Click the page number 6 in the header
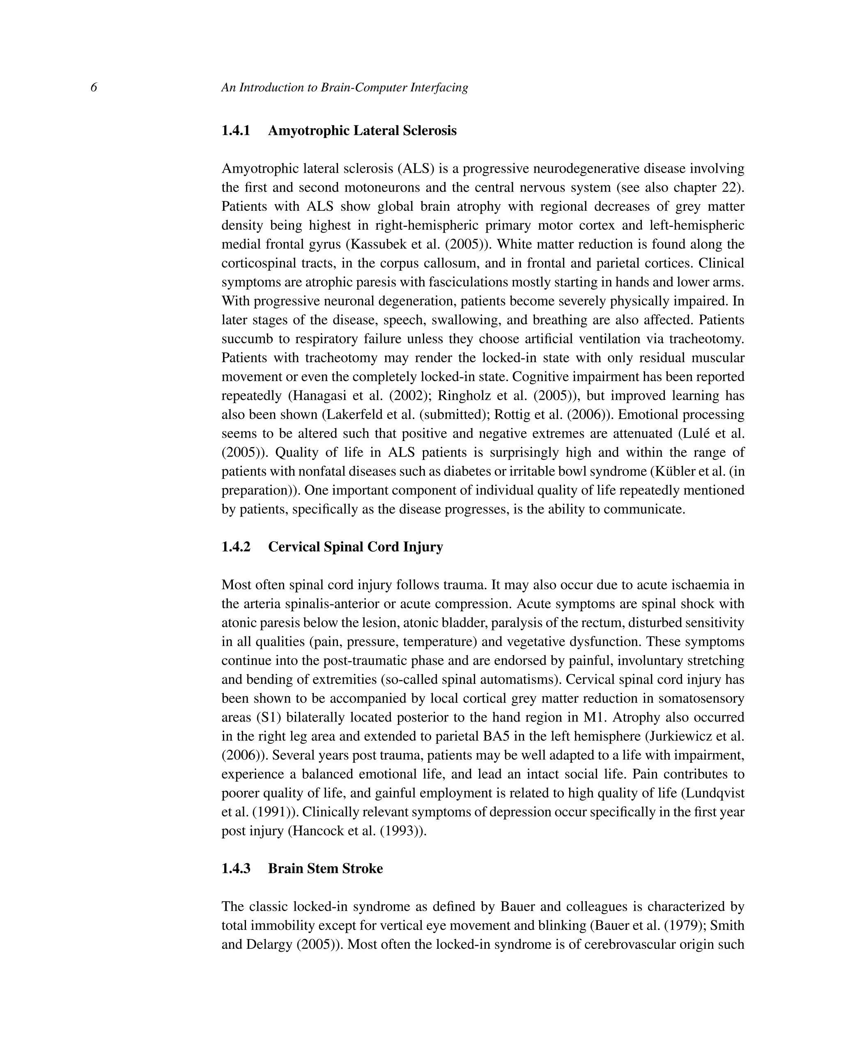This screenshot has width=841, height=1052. [94, 88]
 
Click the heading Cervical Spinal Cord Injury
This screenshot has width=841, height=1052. [356, 547]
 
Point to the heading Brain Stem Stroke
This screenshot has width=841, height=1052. [325, 869]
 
